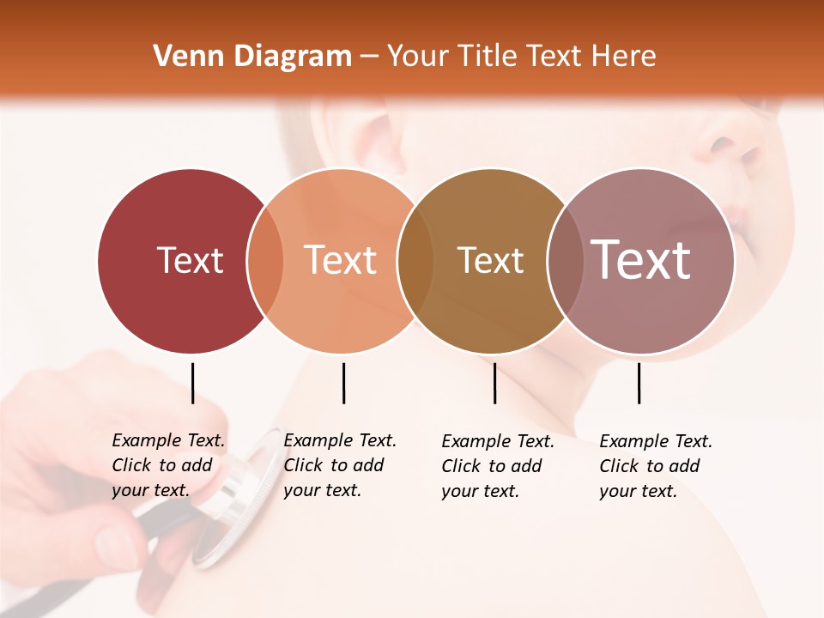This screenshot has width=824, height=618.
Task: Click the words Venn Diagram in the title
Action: pos(252,57)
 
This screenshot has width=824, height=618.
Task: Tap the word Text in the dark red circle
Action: pos(190,260)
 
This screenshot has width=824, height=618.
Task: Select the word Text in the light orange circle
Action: pos(341,260)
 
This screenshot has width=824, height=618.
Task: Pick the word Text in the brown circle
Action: pos(490,260)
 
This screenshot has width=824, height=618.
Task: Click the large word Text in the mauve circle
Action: pos(641,260)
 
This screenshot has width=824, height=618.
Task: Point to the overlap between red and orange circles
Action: pos(265,261)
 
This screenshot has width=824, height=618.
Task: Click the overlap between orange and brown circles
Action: pos(415,261)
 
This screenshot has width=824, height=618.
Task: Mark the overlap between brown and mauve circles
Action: pos(566,261)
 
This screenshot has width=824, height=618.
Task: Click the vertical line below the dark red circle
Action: pos(192,383)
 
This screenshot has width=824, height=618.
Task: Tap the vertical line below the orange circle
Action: pos(343,383)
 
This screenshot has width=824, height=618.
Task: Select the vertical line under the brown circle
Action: pos(494,383)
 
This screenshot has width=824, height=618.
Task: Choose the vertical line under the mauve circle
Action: pos(639,383)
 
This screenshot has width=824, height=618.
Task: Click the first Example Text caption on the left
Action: pos(167,465)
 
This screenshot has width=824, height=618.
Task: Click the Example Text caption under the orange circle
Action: pos(339,465)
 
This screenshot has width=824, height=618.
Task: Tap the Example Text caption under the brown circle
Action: pos(497,466)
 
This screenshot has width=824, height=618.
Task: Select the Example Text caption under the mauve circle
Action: pos(655,466)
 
